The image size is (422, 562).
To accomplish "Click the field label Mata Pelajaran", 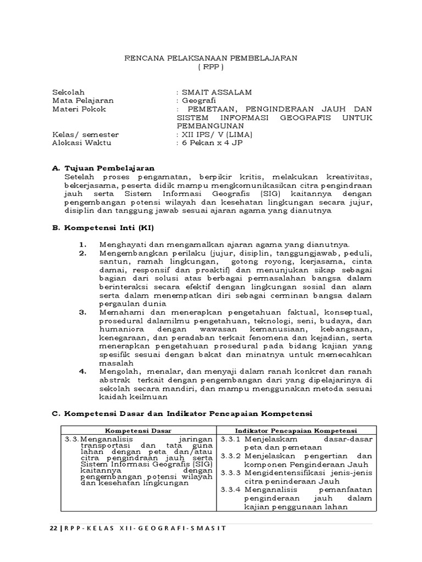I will coord(82,100).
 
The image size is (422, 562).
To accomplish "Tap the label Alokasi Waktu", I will coord(81,143).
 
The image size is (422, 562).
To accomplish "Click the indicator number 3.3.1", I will coord(231,440).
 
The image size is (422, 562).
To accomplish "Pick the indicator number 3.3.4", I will coord(231,490).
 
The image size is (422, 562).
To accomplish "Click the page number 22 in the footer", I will coord(53,528).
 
